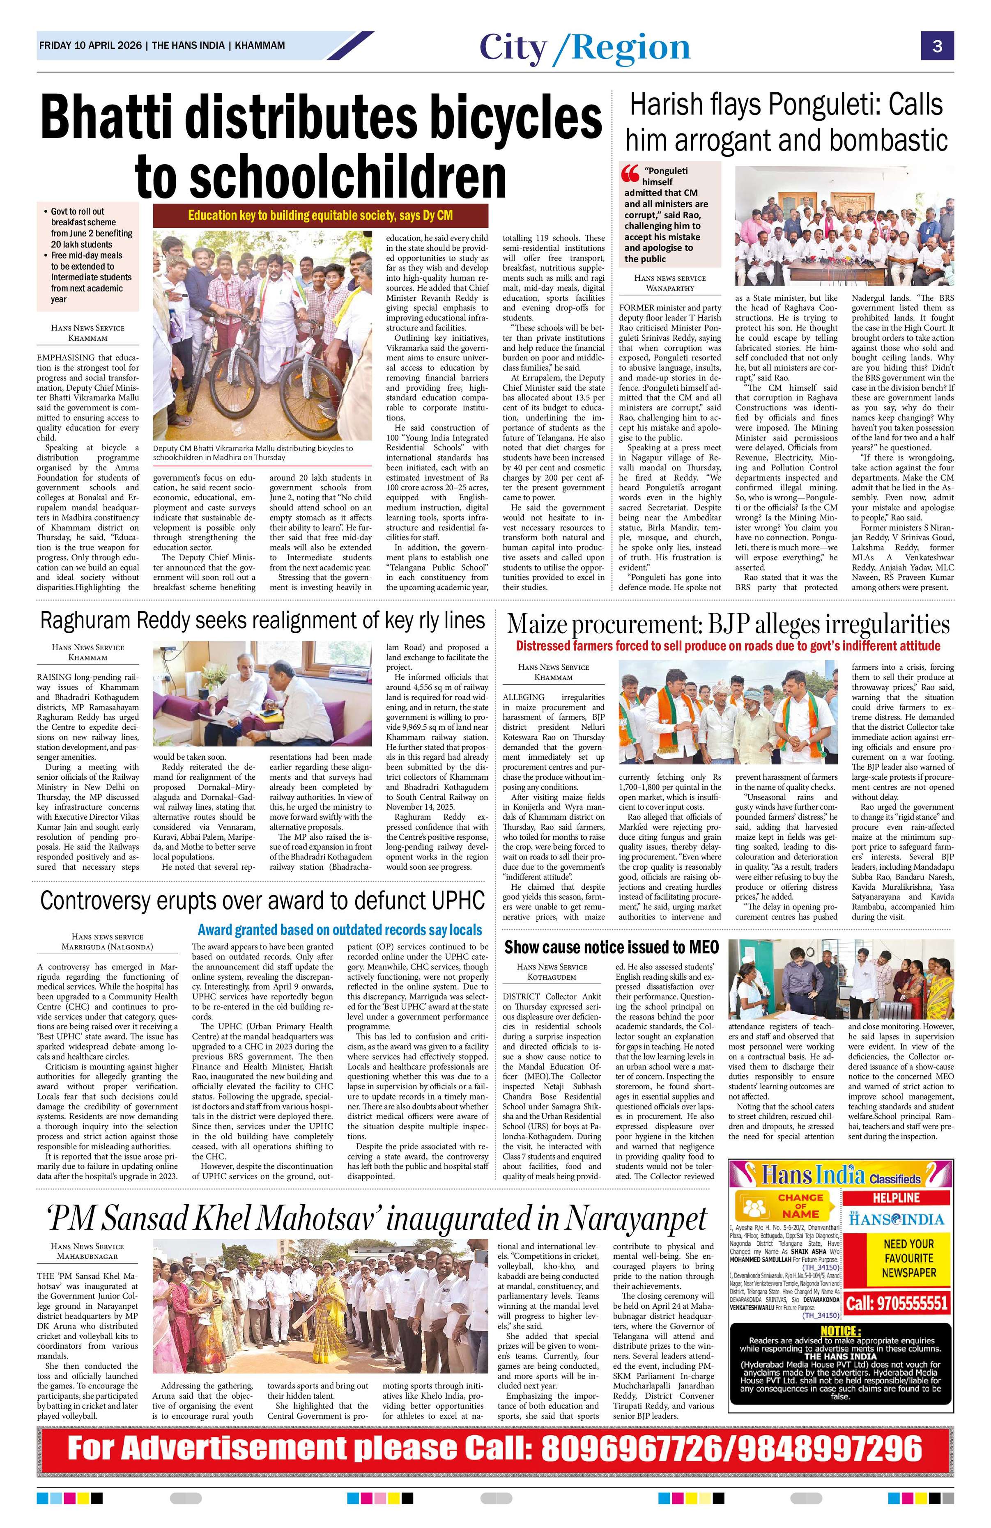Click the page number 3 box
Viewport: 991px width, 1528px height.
click(937, 46)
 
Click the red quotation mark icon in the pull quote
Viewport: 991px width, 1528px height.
click(630, 173)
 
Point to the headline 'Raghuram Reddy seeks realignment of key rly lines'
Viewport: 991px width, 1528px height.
click(262, 621)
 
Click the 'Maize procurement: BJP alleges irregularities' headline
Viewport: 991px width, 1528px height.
click(728, 624)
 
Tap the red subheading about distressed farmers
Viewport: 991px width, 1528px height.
click(728, 645)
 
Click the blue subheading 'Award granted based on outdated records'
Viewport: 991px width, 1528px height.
click(339, 930)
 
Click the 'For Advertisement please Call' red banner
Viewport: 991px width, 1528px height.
click(494, 1430)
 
